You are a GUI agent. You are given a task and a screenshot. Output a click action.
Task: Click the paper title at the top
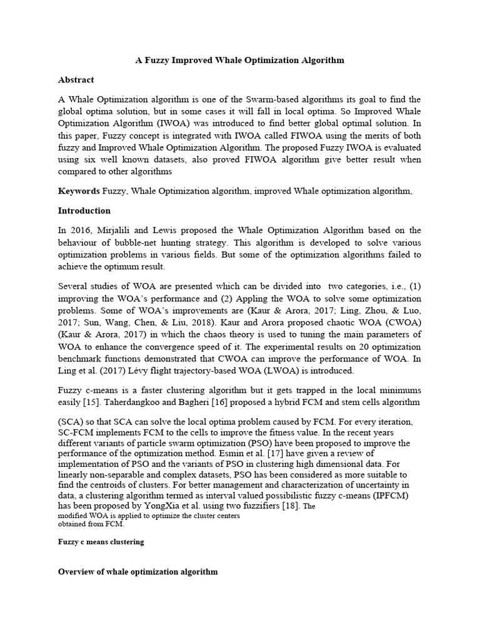click(x=240, y=61)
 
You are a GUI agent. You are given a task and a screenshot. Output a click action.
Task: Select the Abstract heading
click(x=76, y=80)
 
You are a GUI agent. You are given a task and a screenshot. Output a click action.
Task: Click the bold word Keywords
click(x=79, y=191)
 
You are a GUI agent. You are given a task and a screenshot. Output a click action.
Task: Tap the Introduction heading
click(x=84, y=211)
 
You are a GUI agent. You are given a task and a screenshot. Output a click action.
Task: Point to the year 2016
click(x=81, y=230)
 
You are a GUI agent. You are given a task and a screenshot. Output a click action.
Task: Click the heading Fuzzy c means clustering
click(x=101, y=542)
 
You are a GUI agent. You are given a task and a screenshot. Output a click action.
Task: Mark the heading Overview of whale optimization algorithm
click(x=137, y=572)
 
